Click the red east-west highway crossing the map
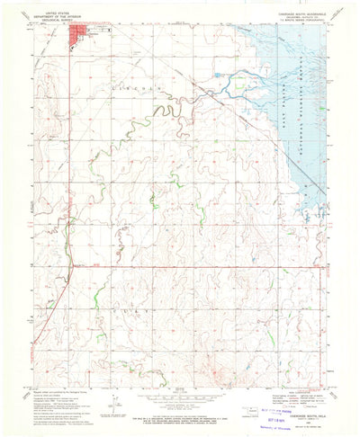coord(180,266)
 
